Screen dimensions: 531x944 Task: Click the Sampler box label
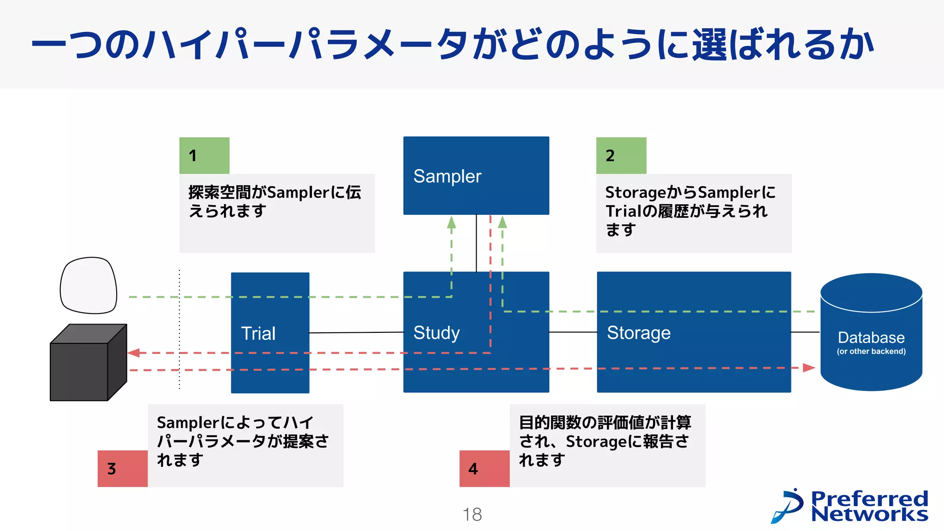coord(447,177)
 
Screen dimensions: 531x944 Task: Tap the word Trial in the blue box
coord(258,333)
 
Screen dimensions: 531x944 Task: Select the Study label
coord(436,333)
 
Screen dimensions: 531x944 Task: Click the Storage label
coord(638,333)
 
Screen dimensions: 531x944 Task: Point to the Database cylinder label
coord(871,337)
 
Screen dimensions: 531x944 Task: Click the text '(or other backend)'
coord(871,351)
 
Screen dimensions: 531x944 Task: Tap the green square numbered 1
coord(204,155)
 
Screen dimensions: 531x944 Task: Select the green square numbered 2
coord(621,155)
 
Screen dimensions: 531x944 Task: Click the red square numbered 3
coord(123,468)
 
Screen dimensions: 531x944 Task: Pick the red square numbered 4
coord(484,468)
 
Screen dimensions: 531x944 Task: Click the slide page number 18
coord(472,514)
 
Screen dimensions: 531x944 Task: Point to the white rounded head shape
coord(88,285)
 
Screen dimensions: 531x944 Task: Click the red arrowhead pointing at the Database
coord(808,368)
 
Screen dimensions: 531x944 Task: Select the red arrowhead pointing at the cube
coord(134,353)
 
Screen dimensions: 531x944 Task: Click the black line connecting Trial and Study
coord(356,332)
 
